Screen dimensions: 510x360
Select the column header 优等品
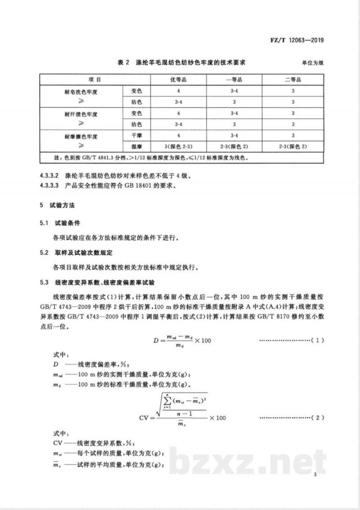point(178,79)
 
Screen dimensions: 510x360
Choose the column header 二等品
point(293,79)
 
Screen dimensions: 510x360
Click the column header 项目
point(95,79)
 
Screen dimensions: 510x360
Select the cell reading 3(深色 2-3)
point(178,147)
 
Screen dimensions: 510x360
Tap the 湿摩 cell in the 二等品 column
point(293,147)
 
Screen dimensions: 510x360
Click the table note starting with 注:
point(144,158)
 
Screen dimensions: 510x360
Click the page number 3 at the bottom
point(316,474)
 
